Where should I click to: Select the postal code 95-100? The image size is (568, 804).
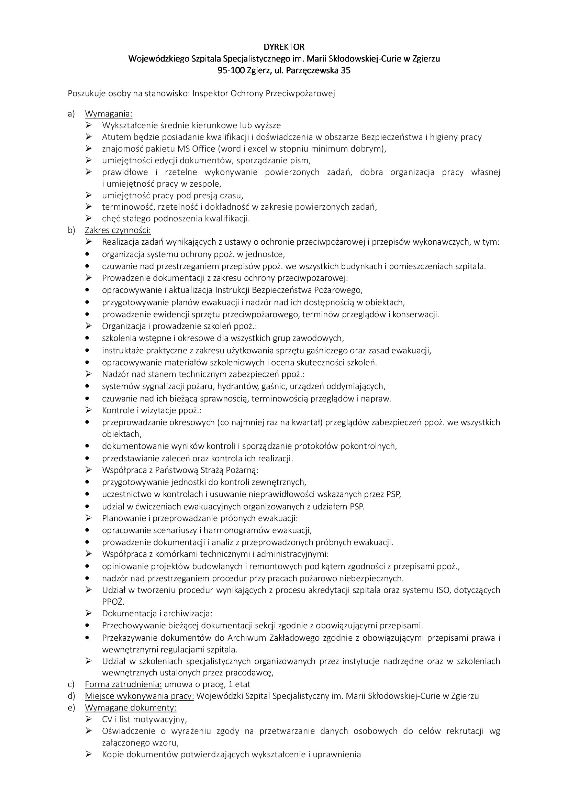pos(231,70)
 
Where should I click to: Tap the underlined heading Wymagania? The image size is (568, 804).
pos(109,114)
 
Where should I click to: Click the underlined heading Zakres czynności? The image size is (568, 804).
pos(118,230)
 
